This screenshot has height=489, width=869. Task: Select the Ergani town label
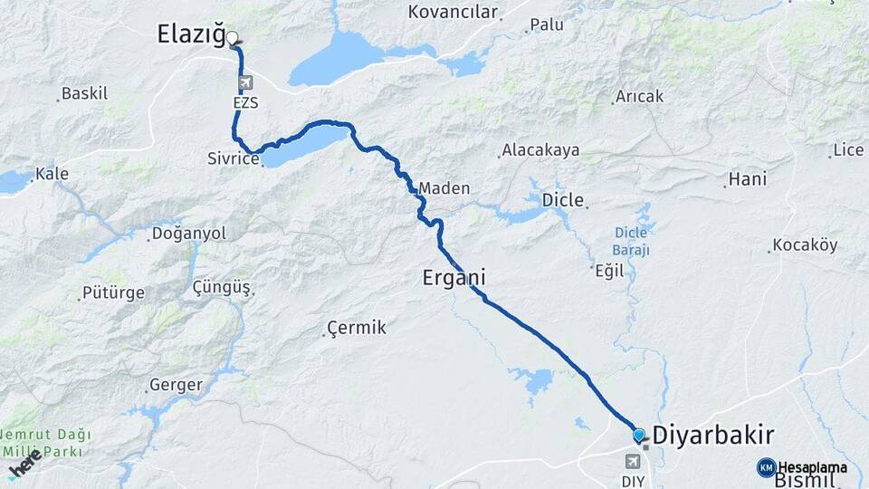(x=454, y=278)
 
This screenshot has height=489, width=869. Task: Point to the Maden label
(x=444, y=188)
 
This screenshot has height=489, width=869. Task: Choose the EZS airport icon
(x=244, y=84)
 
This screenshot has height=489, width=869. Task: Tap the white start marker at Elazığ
(x=233, y=38)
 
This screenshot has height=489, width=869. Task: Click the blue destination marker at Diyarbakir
(x=639, y=435)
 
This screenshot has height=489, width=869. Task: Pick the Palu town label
(x=547, y=24)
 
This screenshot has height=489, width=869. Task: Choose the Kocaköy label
(x=805, y=245)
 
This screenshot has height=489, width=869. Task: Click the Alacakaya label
(x=540, y=150)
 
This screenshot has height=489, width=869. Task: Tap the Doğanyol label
(x=189, y=234)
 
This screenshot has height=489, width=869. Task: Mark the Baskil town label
(x=85, y=93)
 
